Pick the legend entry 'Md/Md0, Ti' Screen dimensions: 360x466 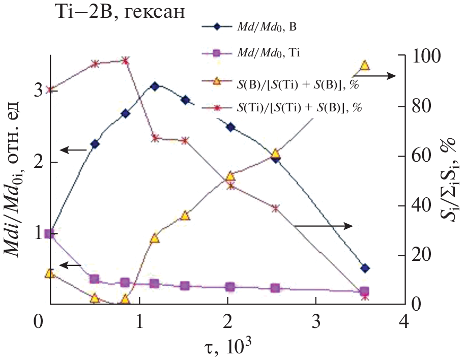click(x=264, y=52)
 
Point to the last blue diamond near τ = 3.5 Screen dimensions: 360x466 click(x=364, y=268)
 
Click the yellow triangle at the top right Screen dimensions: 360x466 click(x=365, y=65)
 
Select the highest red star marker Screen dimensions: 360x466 click(x=126, y=61)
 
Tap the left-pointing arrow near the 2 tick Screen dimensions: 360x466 click(x=73, y=150)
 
